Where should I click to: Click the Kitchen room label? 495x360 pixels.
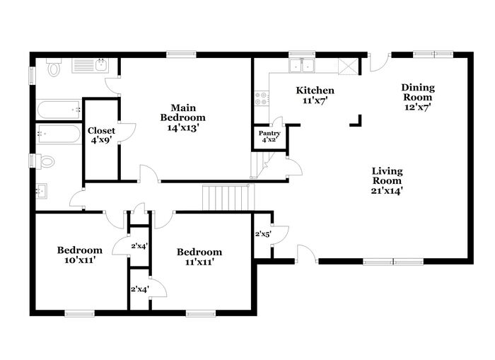click(315, 95)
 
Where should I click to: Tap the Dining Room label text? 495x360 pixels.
click(418, 97)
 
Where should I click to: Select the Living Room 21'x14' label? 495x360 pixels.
click(387, 181)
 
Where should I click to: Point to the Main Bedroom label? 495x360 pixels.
click(182, 117)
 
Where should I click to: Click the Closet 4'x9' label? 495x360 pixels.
click(101, 135)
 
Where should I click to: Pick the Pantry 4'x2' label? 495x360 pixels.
click(269, 136)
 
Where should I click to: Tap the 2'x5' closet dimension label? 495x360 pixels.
click(263, 234)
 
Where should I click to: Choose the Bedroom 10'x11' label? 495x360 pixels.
click(80, 255)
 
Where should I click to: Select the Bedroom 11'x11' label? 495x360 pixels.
click(199, 257)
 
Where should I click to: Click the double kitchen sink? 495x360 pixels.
click(301, 66)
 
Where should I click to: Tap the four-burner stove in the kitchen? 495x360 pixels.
click(262, 98)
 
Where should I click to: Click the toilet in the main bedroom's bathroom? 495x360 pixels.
click(53, 67)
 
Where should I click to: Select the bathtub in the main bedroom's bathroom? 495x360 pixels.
click(59, 110)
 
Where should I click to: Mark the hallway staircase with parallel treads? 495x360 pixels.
click(228, 197)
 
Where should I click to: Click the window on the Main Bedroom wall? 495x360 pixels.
click(181, 54)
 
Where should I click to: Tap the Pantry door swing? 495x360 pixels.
click(278, 122)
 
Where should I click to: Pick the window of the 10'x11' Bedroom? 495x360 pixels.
click(79, 313)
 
